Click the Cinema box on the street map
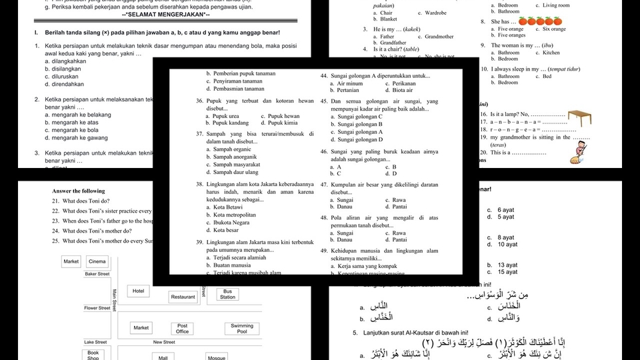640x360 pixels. point(97,262)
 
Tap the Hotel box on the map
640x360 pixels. point(138,291)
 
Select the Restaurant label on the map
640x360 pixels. point(183,297)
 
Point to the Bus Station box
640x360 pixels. point(228,294)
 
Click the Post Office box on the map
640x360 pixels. point(182,328)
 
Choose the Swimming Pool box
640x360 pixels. point(241,328)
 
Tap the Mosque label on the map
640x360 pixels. point(217,357)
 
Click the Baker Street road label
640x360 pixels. point(97,274)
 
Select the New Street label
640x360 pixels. point(164,342)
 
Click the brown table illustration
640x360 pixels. point(585,118)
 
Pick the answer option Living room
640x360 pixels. point(556,5)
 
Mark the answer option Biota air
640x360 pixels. point(403,90)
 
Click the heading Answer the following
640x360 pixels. point(79,191)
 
